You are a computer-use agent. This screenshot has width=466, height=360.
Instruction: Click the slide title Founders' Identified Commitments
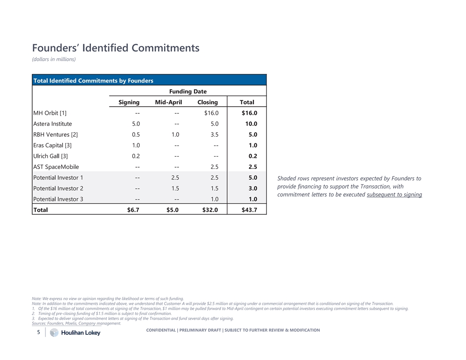point(116,48)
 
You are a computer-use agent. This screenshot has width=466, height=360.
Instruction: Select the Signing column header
point(129,102)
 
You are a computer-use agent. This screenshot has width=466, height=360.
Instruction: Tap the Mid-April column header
point(168,102)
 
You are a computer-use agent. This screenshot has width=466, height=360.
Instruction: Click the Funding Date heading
point(188,91)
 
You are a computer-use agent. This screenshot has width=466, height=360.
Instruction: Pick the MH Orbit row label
point(50,113)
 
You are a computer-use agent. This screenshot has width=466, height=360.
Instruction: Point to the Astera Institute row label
point(53,124)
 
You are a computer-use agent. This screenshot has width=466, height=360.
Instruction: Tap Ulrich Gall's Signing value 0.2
point(136,156)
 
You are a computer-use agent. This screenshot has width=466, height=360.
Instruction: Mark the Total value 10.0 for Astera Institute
point(251,124)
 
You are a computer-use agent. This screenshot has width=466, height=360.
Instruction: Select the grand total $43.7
point(249,210)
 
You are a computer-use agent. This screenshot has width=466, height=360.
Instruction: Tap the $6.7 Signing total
point(133,210)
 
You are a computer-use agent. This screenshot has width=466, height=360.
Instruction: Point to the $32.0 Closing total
point(210,210)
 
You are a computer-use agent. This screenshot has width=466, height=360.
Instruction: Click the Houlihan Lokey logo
point(75,333)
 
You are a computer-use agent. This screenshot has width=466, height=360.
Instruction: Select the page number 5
point(39,333)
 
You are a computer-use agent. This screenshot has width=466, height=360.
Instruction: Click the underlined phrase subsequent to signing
point(394,195)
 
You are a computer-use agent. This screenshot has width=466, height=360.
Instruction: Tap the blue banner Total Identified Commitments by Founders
point(94,80)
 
